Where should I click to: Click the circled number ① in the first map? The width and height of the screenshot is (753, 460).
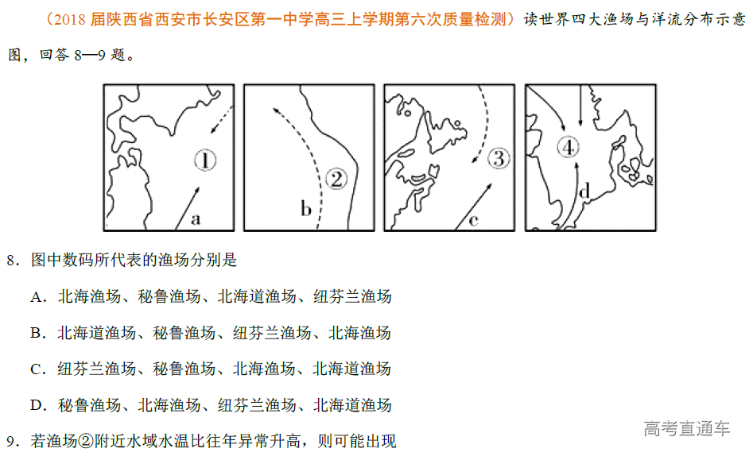coord(205,161)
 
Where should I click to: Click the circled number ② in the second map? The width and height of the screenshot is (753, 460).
coord(336,179)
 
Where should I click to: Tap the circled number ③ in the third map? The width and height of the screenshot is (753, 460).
coord(498,158)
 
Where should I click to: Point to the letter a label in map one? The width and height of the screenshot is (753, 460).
coord(195,218)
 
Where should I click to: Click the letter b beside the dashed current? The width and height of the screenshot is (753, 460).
coord(305,210)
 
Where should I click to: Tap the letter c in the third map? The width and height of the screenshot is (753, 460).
coord(473,219)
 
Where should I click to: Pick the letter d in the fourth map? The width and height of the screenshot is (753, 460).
coord(584,191)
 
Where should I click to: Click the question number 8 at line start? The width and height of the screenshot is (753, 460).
coord(12,261)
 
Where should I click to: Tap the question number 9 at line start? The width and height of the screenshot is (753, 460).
coord(12,441)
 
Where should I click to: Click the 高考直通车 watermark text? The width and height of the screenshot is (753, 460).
coord(686,429)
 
